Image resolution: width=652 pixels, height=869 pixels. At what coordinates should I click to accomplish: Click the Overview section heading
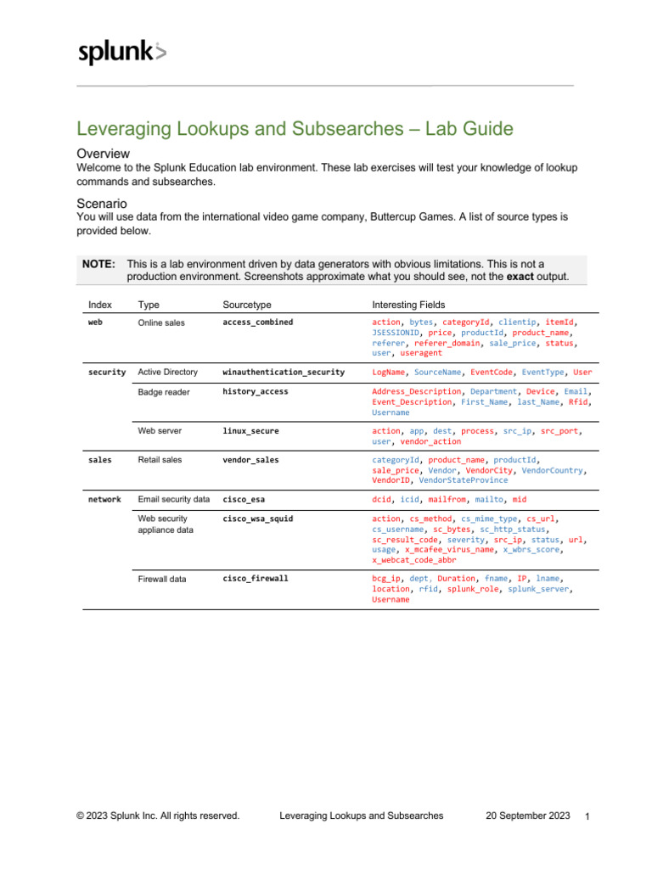(103, 154)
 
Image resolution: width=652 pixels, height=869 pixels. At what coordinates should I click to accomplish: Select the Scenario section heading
(103, 205)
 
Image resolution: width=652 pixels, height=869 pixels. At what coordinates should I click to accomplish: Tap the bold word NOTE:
(98, 264)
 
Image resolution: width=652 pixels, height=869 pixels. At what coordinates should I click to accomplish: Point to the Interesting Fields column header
(408, 304)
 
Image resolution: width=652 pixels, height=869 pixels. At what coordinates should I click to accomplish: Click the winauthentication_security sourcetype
(284, 372)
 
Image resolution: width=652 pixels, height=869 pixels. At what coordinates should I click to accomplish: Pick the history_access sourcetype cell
(255, 391)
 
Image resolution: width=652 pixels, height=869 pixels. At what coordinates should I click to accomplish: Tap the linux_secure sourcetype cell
(250, 431)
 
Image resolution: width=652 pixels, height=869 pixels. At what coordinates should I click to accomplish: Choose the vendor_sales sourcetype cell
(250, 459)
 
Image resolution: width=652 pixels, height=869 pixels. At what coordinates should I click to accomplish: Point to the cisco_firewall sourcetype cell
(255, 578)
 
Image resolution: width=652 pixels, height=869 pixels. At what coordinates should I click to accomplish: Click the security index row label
(107, 372)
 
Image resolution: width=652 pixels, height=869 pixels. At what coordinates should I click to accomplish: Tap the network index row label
(104, 499)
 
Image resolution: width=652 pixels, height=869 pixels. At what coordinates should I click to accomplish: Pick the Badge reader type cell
(164, 392)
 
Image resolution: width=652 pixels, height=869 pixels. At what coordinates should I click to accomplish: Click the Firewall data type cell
(162, 579)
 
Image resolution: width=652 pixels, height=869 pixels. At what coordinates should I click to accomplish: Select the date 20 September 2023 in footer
(527, 816)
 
